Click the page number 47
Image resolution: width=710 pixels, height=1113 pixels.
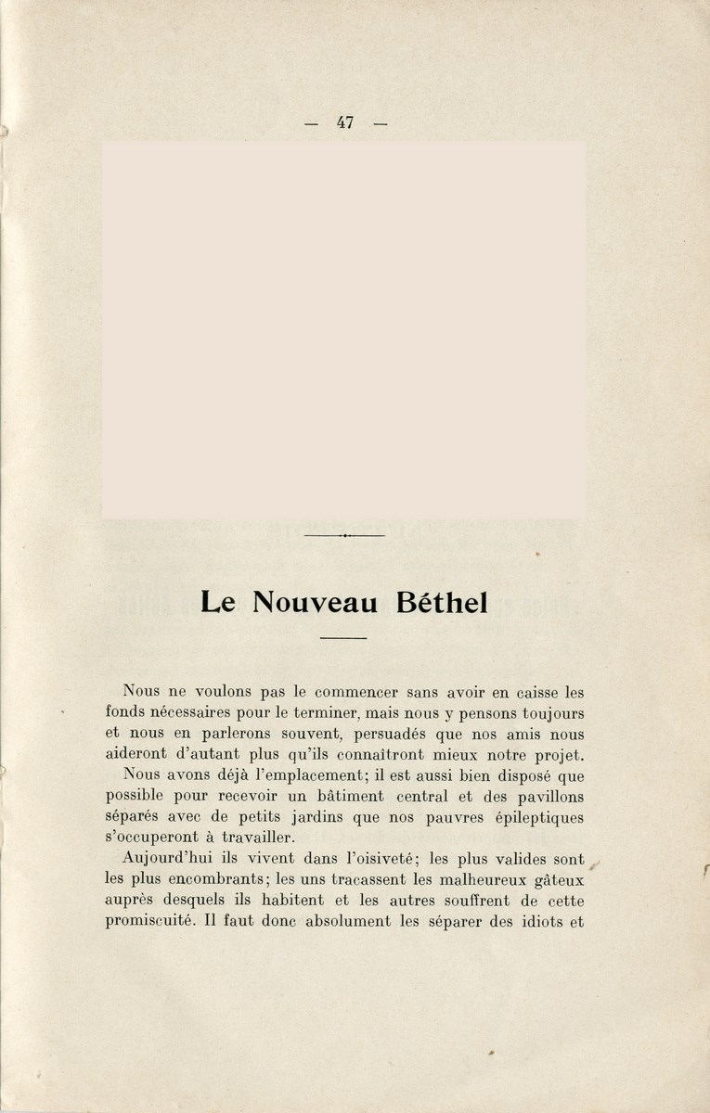click(x=345, y=122)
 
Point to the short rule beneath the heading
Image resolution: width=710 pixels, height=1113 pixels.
click(x=343, y=638)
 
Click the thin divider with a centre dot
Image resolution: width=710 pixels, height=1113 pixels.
click(x=343, y=536)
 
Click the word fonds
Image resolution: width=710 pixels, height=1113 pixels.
click(x=125, y=712)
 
